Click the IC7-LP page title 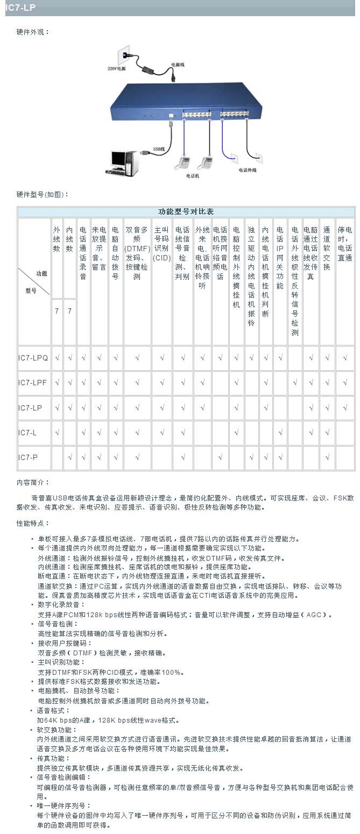click(x=20, y=8)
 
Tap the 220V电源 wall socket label click(x=116, y=69)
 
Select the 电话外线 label click(x=248, y=170)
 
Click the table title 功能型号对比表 click(x=186, y=211)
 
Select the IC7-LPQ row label click(x=33, y=358)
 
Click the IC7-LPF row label click(x=32, y=383)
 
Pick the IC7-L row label click(x=27, y=433)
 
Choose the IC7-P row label click(x=27, y=457)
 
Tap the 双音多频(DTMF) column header click(x=137, y=253)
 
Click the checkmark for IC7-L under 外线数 click(x=57, y=433)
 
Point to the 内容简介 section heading click(x=33, y=482)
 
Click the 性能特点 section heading click(x=33, y=523)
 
